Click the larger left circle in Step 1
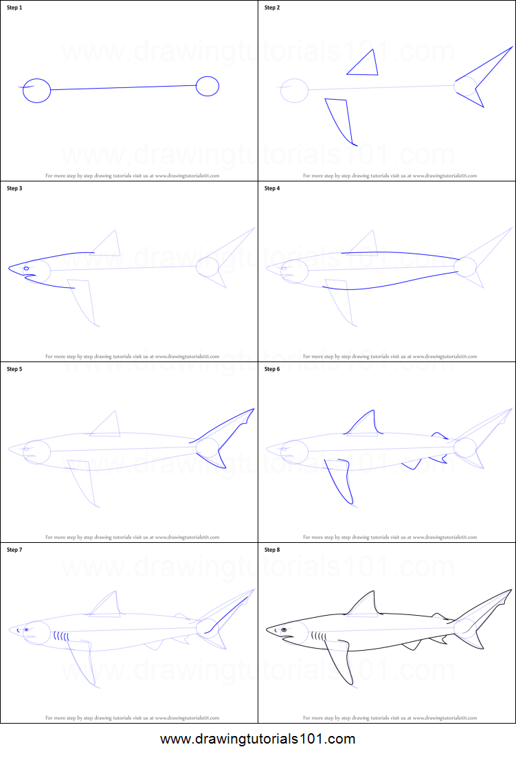[36, 90]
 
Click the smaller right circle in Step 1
[207, 87]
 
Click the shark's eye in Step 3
[27, 268]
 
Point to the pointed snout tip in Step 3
[10, 268]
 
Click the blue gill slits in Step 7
[62, 636]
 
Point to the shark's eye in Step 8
[283, 629]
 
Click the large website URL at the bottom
[258, 739]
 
